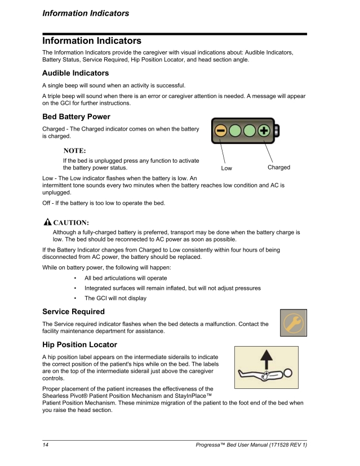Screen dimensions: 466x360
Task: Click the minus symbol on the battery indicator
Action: (220, 132)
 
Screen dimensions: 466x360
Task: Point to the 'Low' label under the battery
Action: (226, 168)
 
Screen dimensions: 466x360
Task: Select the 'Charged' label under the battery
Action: (279, 168)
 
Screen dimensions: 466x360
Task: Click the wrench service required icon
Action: (294, 322)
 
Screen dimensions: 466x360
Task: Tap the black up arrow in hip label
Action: (266, 357)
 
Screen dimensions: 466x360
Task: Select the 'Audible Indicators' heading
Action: (75, 73)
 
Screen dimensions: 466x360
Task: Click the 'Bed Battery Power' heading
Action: (76, 117)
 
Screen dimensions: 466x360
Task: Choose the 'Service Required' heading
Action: (73, 311)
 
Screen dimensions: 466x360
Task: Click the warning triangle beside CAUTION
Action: (48, 222)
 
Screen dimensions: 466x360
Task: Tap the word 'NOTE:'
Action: (74, 150)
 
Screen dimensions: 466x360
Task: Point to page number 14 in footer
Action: (46, 446)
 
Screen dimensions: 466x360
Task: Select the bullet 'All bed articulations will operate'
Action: (125, 278)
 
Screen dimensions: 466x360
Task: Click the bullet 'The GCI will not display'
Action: (115, 298)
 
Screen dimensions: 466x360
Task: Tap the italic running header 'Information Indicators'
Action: (86, 13)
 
